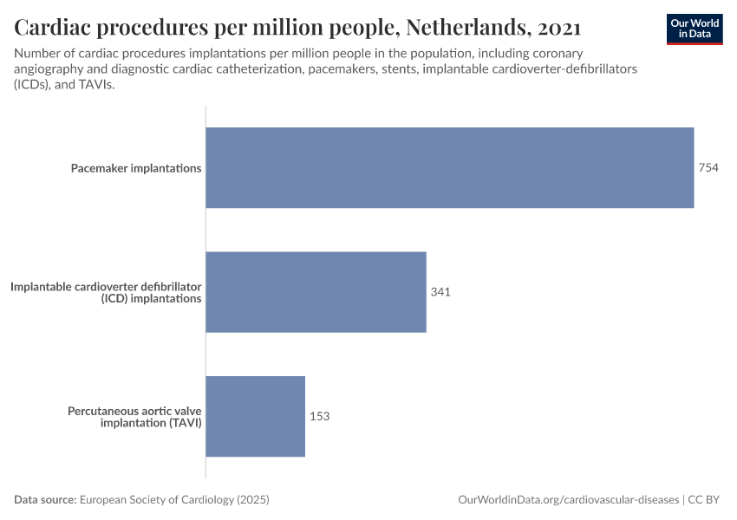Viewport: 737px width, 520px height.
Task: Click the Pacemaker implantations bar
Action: (x=449, y=167)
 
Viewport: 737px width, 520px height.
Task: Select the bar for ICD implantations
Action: (x=316, y=292)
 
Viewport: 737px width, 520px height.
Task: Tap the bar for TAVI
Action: (x=255, y=416)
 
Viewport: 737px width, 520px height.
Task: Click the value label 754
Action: (x=708, y=167)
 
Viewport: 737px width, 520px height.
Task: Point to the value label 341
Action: (x=440, y=292)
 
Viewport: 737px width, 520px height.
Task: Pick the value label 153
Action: (x=319, y=416)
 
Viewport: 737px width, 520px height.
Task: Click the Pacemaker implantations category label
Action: (x=136, y=168)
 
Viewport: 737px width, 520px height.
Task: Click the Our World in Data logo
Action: (x=695, y=29)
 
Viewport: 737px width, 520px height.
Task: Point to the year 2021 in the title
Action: (x=559, y=27)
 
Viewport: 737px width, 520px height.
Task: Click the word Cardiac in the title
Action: (x=57, y=27)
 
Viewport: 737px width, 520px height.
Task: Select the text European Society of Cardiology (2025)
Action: (x=174, y=500)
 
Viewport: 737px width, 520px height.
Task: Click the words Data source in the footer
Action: (x=45, y=500)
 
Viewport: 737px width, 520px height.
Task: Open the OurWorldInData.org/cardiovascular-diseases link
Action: (x=568, y=500)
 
